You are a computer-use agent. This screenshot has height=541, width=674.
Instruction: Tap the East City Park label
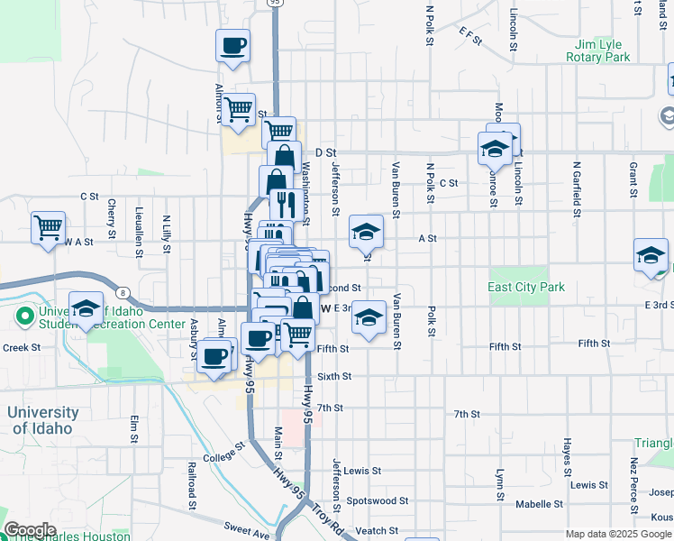pos(526,287)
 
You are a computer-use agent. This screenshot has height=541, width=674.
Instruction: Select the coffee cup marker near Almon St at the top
pos(232,45)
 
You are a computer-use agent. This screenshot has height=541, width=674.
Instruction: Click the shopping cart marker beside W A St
pos(48,227)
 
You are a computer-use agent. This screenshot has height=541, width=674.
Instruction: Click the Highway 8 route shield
pos(122,291)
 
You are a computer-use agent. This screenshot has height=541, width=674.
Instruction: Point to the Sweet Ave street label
pos(248,535)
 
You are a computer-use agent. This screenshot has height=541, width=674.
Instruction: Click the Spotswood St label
pos(378,500)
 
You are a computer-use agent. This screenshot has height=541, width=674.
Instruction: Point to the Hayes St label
pos(568,457)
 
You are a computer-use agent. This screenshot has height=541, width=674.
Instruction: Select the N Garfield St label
pos(576,190)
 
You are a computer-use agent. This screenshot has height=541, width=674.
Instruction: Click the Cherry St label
pos(112,218)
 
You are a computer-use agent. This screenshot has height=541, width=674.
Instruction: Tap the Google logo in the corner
pos(29,530)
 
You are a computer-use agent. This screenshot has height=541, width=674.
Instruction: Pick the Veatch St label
pos(378,530)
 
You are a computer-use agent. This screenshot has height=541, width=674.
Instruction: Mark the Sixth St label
pos(333,376)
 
